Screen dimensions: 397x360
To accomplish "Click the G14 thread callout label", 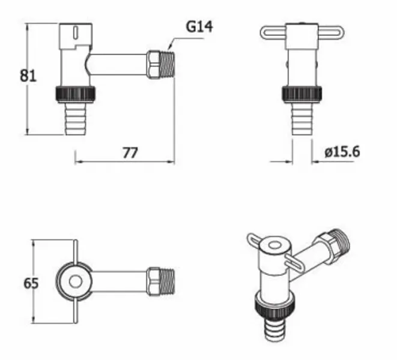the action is [x=199, y=26].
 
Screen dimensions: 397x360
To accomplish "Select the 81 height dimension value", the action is [x=28, y=76].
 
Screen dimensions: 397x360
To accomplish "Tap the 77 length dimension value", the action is [x=130, y=153].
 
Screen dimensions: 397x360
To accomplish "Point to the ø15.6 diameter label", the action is [x=342, y=152].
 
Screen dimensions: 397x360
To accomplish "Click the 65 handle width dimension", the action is [x=31, y=283].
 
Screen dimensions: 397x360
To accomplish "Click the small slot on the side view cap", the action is [x=76, y=32].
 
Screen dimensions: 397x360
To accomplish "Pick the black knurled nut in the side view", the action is [x=75, y=95].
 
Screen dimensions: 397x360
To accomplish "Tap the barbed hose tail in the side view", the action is [x=76, y=119].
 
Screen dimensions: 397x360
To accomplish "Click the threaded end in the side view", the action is [x=168, y=65].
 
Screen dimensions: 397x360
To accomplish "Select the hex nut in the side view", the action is [x=153, y=65].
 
